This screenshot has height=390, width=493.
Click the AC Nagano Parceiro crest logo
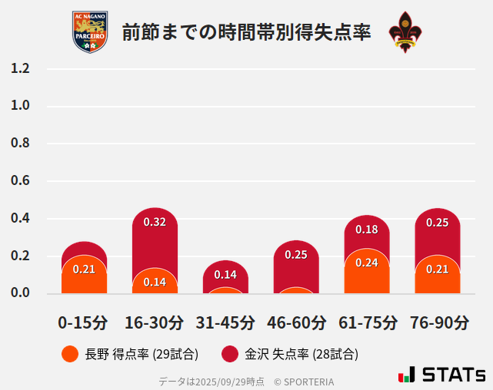point(90,31)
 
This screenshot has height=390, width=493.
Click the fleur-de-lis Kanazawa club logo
point(405,31)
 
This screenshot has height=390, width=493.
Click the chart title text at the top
point(246,32)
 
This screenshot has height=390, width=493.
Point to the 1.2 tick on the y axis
point(20,68)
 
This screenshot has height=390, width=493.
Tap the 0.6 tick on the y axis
point(20,181)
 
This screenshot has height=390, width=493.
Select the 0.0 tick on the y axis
point(20,292)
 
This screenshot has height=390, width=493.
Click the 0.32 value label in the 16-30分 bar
point(155,222)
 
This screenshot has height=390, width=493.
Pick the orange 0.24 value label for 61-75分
point(367,263)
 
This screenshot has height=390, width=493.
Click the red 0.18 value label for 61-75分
point(367,230)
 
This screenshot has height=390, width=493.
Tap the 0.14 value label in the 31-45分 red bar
point(225,274)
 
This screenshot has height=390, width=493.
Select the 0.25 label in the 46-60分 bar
point(296,255)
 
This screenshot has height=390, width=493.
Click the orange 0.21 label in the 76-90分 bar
point(437,269)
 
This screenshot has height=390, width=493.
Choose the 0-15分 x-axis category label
point(83,322)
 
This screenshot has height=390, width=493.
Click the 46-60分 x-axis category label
point(296,322)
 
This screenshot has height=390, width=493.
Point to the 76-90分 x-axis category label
point(438,322)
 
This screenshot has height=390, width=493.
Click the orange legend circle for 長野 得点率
point(69,354)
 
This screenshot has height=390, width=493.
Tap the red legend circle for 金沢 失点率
point(230,354)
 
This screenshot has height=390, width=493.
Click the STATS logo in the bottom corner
point(442,375)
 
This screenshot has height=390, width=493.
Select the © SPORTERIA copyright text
point(304,381)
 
